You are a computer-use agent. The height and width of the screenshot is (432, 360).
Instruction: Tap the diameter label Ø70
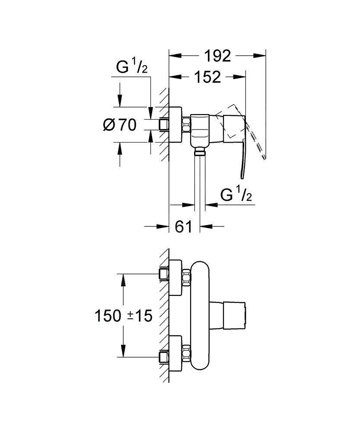tap(120, 125)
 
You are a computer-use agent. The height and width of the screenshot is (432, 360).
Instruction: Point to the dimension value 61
tap(184, 226)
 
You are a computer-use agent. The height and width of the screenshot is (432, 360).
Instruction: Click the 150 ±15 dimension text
tap(124, 316)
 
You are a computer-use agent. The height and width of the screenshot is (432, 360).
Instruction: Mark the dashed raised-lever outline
tap(253, 130)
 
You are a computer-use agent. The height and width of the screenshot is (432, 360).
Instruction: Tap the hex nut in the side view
tap(187, 125)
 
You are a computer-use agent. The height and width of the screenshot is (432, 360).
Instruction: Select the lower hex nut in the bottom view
tap(187, 353)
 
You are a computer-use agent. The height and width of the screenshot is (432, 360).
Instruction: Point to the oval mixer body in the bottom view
tap(200, 315)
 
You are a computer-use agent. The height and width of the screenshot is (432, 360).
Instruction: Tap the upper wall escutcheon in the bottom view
tap(176, 278)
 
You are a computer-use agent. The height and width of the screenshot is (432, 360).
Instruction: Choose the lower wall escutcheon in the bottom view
tap(176, 353)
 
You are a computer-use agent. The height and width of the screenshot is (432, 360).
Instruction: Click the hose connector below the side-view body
tap(200, 151)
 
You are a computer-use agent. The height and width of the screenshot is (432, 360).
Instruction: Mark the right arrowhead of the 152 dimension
tap(242, 77)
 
